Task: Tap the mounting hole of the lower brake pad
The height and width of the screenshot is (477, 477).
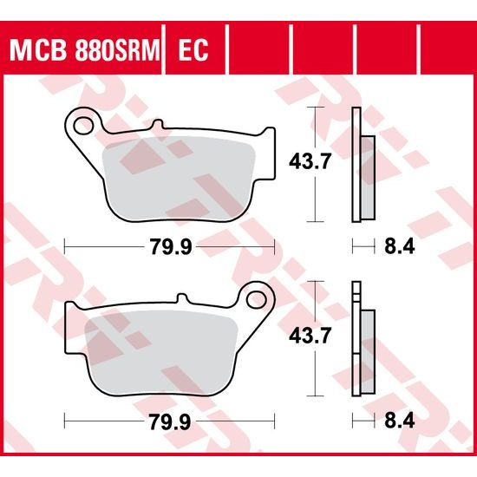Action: pyautogui.click(x=257, y=300)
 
